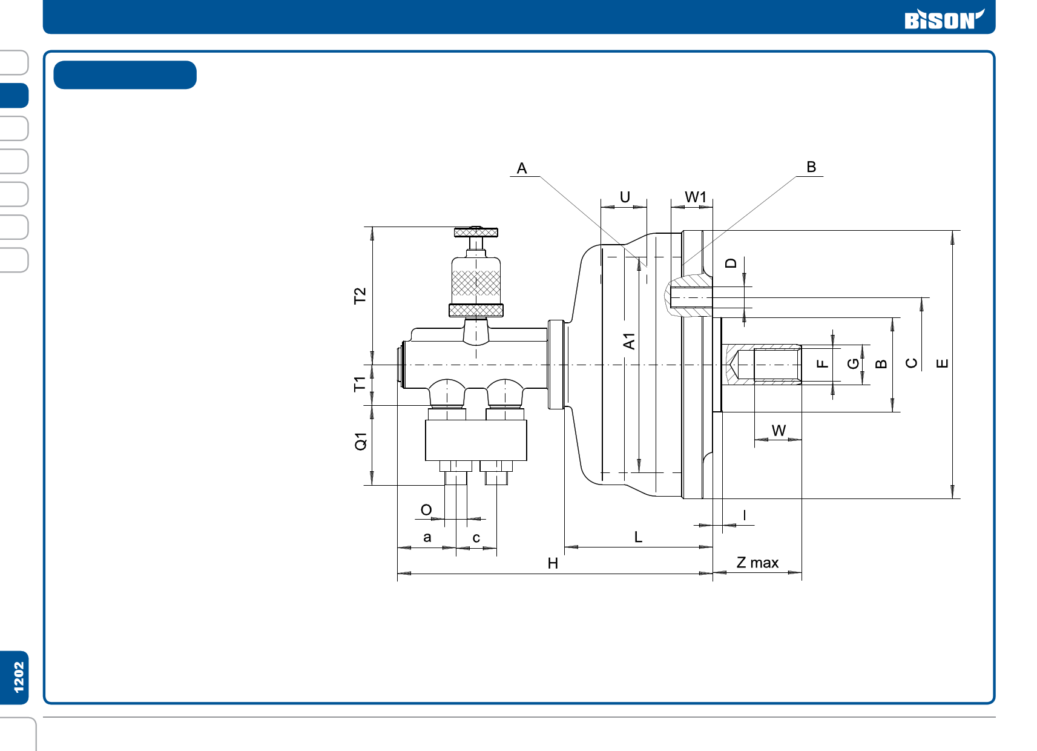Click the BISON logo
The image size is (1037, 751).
[943, 19]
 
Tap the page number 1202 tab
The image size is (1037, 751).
[18, 677]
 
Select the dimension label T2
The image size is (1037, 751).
[360, 296]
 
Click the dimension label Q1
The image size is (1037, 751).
[360, 442]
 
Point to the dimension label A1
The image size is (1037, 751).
[629, 341]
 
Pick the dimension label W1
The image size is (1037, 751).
[695, 197]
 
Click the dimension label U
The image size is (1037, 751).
[625, 197]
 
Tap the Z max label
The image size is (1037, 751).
[757, 563]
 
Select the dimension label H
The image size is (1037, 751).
[553, 563]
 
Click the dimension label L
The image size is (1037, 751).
[638, 537]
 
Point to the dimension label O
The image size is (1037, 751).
[426, 510]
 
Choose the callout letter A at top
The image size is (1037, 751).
[522, 168]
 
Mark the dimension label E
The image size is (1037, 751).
[942, 363]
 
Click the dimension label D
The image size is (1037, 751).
[731, 263]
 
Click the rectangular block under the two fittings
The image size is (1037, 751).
[476, 440]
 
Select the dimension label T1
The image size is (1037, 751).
[360, 384]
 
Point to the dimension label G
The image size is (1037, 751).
[853, 363]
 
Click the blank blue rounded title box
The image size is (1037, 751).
[125, 75]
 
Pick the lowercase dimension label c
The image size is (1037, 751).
[476, 538]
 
